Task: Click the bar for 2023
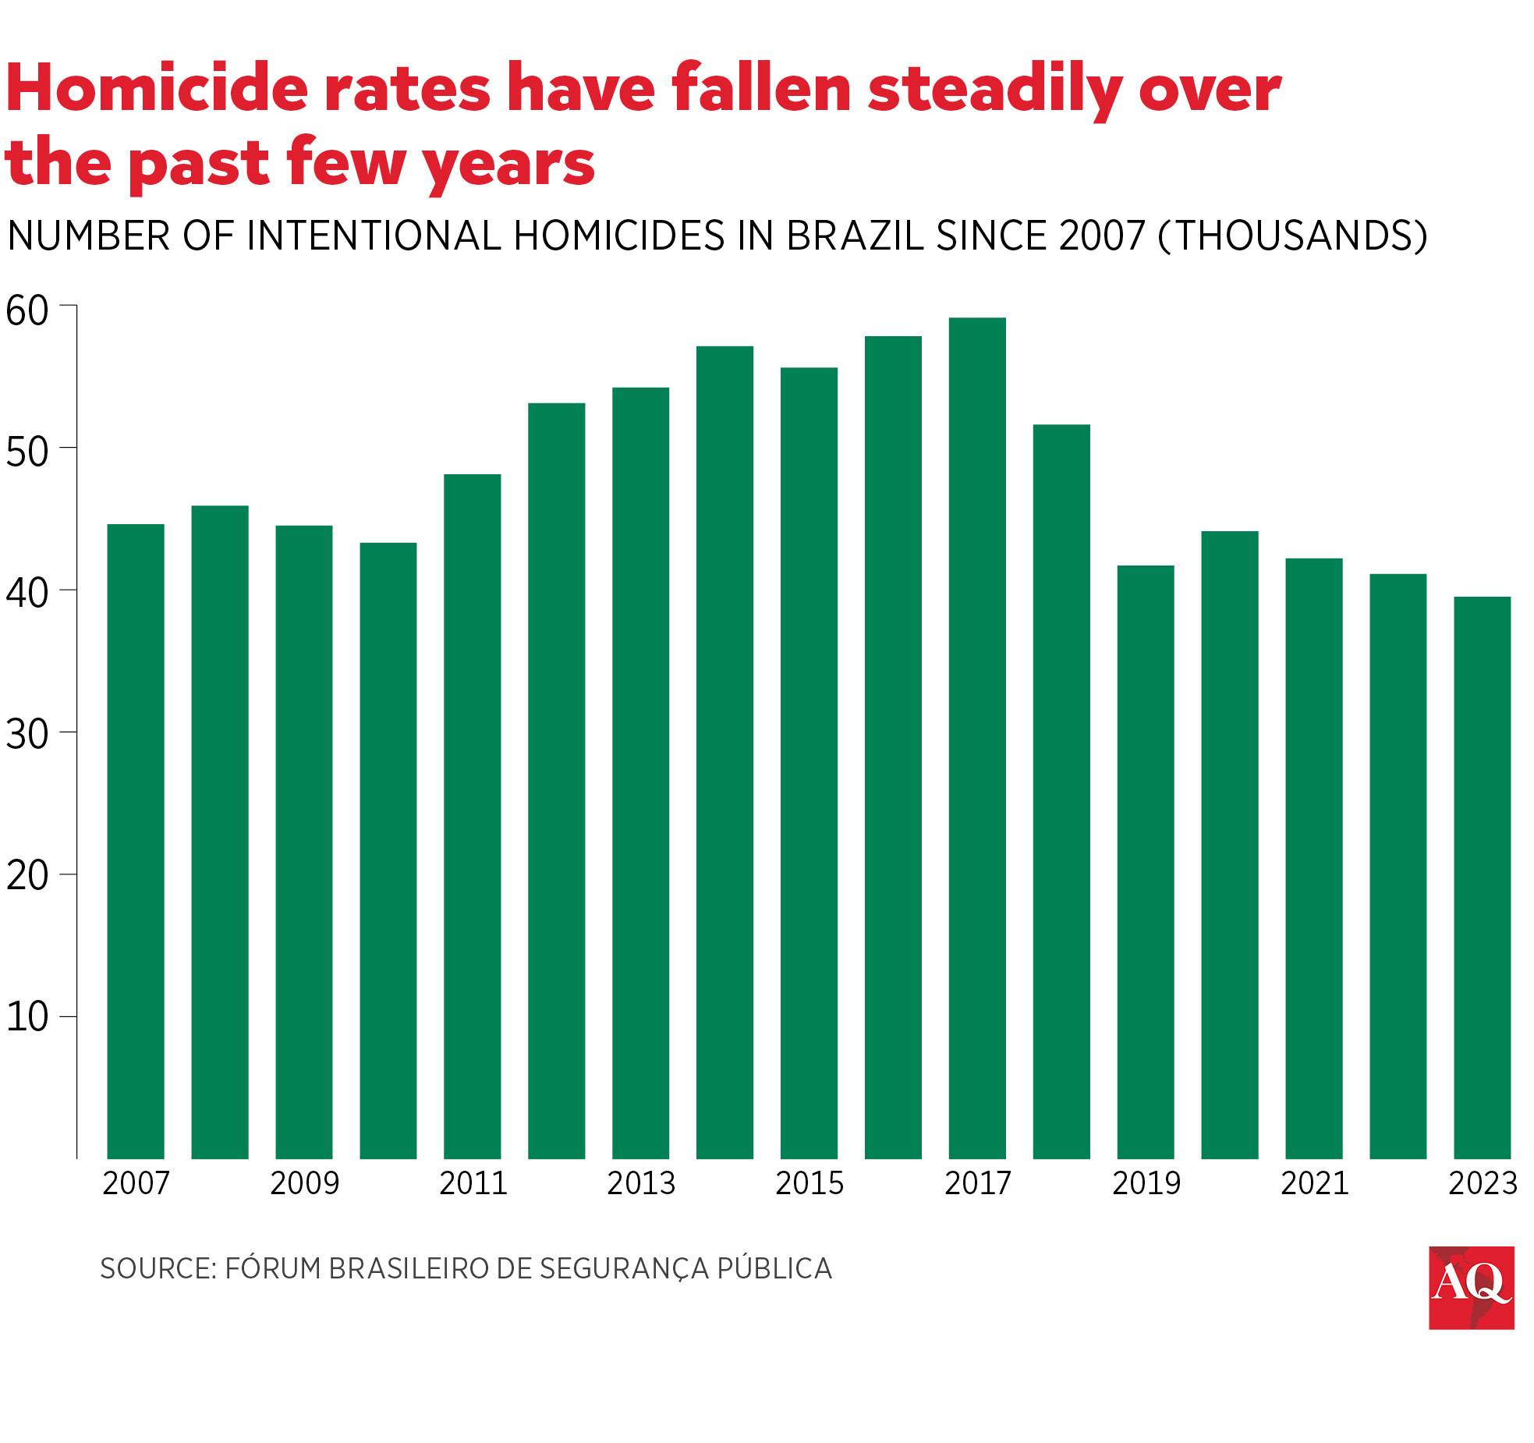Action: click(x=1482, y=877)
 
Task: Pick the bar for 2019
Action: click(x=1145, y=861)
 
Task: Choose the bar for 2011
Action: click(x=472, y=816)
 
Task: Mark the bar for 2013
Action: click(x=640, y=772)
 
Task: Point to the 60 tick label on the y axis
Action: click(x=27, y=310)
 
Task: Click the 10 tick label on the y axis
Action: click(x=27, y=1016)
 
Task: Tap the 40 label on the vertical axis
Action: click(x=27, y=593)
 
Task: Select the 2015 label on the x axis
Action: click(x=810, y=1183)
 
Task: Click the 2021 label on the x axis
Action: click(x=1315, y=1183)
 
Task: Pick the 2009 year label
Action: click(x=305, y=1183)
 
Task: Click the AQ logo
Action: click(x=1471, y=1288)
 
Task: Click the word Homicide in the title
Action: click(x=156, y=88)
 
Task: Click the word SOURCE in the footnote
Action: click(x=157, y=1268)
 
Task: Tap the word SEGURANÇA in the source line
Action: click(x=624, y=1268)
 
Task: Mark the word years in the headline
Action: click(x=508, y=165)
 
